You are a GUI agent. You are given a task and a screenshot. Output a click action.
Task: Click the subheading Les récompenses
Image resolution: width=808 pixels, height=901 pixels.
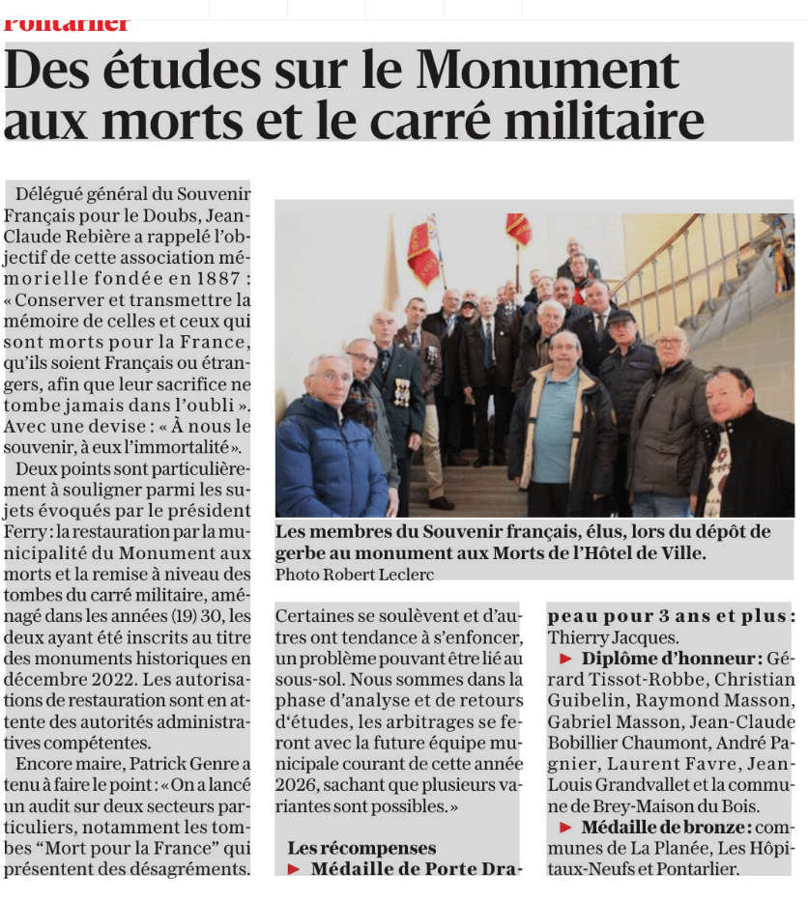pyautogui.click(x=361, y=848)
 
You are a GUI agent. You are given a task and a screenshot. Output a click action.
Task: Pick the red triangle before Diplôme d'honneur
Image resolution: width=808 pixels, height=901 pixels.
pyautogui.click(x=564, y=659)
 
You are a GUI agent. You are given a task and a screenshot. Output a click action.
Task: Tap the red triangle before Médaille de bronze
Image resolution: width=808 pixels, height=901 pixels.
pyautogui.click(x=564, y=828)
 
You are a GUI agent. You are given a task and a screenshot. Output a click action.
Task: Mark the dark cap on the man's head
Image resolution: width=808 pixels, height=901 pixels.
pyautogui.click(x=620, y=315)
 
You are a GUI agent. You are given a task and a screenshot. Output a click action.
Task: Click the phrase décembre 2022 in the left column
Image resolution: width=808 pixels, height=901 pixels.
pyautogui.click(x=63, y=680)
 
